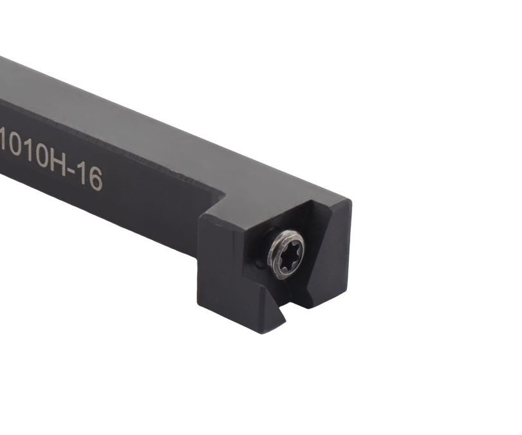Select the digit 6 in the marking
click(95, 180)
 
